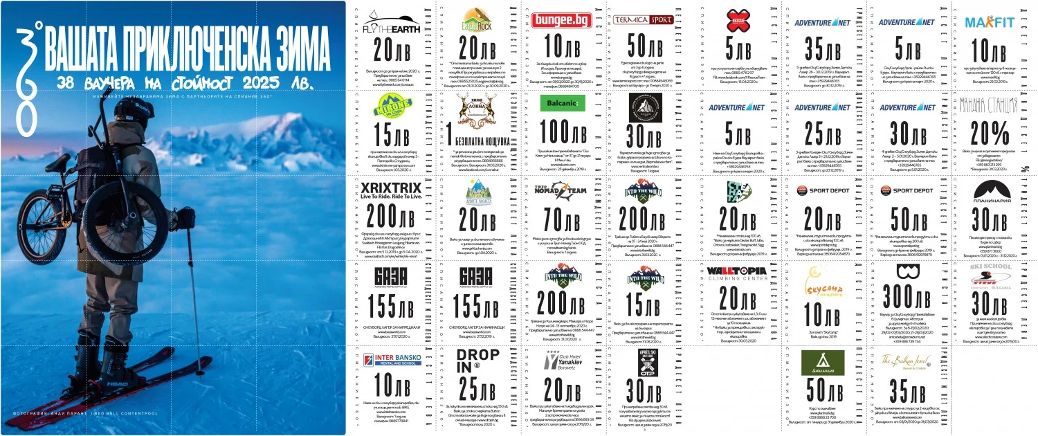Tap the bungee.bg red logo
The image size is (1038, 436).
click(561, 20)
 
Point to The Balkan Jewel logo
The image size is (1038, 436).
click(907, 361)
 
